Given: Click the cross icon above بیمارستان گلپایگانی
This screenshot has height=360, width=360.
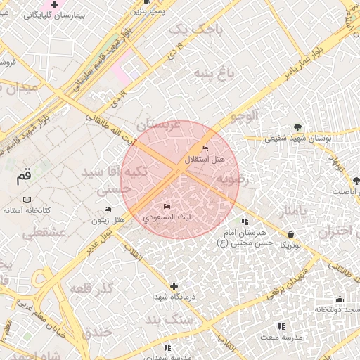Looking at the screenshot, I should [x=53, y=5].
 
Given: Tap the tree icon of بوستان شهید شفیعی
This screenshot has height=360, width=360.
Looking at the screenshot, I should [x=299, y=127].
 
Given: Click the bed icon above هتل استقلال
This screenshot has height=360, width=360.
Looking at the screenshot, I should [x=205, y=148].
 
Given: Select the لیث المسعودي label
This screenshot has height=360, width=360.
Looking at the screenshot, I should [x=167, y=218].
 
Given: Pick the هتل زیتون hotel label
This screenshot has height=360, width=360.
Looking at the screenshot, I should [x=108, y=221].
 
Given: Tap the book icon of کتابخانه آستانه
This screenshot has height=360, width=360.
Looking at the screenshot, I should [x=27, y=200].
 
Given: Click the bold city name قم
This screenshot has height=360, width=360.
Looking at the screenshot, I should [x=25, y=175].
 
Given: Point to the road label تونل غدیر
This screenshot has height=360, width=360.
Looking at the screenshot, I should [x=101, y=243].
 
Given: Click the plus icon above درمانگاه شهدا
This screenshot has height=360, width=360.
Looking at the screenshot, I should [x=174, y=285].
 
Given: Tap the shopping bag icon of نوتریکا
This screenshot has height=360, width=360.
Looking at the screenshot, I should [x=291, y=234].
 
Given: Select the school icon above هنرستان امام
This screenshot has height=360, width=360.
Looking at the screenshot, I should [x=245, y=221].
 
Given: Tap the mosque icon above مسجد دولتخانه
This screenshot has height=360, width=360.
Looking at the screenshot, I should [x=340, y=299].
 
